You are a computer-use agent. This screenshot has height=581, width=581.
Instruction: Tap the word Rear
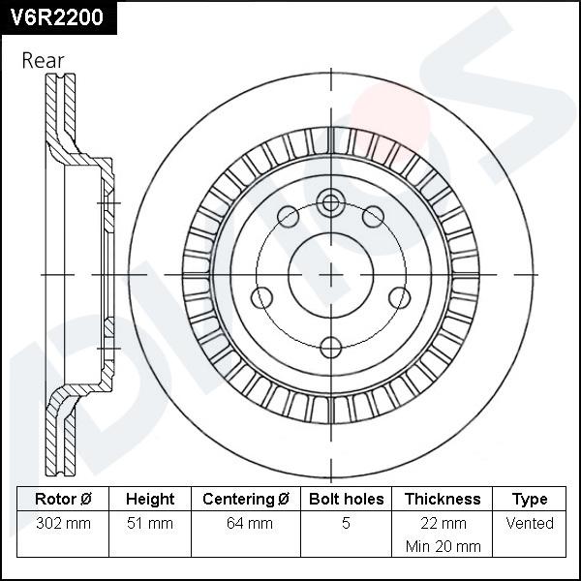[x=43, y=60]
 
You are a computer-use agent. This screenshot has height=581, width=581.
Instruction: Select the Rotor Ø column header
[x=63, y=500]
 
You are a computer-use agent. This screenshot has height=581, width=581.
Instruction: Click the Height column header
[x=150, y=500]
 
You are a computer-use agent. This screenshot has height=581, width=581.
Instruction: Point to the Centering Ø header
[x=246, y=500]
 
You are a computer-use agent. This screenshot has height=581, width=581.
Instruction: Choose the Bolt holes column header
[x=346, y=500]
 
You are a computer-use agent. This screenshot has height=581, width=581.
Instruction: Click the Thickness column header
[x=443, y=500]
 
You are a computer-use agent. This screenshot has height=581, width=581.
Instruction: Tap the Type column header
[x=530, y=500]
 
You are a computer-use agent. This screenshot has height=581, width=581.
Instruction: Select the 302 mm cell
[x=63, y=524]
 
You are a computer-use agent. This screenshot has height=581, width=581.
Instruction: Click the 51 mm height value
[x=150, y=524]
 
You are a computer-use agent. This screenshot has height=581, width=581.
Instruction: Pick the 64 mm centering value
[x=246, y=524]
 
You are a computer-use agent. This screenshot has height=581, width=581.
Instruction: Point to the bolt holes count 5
[x=346, y=524]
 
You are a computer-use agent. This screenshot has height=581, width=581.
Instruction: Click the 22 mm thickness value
[x=443, y=523]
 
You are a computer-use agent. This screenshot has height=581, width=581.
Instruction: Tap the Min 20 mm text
[x=443, y=546]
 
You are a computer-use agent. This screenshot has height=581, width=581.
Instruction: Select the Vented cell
[x=530, y=523]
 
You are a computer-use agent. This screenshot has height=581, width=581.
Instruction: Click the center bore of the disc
[x=331, y=274]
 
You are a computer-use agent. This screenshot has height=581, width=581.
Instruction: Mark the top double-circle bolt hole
[x=331, y=203]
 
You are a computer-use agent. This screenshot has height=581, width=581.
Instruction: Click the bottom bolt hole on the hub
[x=331, y=346]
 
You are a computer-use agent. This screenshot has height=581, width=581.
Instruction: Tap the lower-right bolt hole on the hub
[x=399, y=297]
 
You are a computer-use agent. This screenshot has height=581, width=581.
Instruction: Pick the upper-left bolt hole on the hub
[x=289, y=216]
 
